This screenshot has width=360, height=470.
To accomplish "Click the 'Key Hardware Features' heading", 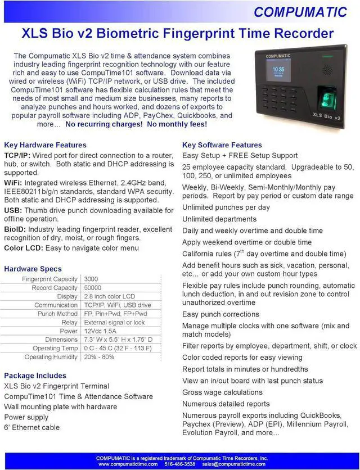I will point(45,145).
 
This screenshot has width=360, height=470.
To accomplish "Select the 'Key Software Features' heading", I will point(222,145).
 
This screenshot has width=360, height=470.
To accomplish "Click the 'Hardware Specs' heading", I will point(33,269).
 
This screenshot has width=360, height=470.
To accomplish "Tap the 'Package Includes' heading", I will point(35,376).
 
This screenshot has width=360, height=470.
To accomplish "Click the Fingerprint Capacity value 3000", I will point(91,279).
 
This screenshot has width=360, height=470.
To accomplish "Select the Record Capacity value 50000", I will point(93,288).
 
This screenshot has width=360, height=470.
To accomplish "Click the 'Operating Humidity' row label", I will point(51,357).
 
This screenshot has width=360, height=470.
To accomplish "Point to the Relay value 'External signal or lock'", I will point(114,323).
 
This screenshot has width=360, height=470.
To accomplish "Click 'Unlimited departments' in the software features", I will point(219,219).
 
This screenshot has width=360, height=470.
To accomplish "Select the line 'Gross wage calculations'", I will point(222,392).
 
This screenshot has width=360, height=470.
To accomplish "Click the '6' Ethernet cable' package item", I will point(31,428).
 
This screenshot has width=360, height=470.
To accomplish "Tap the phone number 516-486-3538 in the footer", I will point(179,464).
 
